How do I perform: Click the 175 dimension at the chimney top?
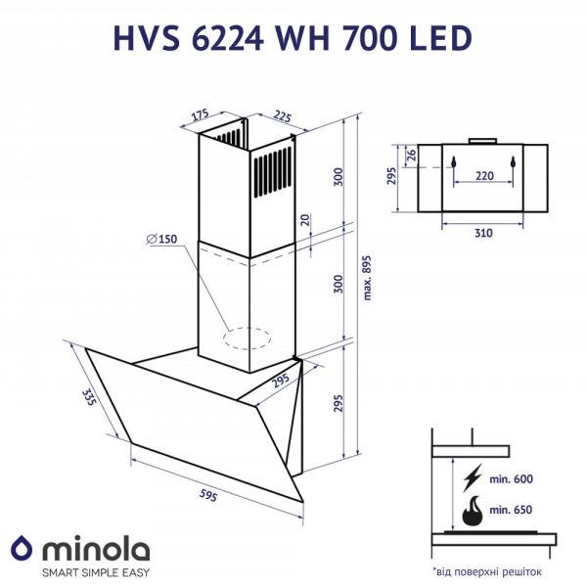click(200, 114)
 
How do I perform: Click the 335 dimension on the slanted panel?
click(90, 397)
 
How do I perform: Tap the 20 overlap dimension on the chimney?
click(306, 220)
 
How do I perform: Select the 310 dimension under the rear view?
click(482, 233)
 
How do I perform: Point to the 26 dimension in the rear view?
click(412, 154)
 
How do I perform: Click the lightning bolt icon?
click(474, 477)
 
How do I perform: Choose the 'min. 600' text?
click(511, 478)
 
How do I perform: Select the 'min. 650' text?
click(511, 511)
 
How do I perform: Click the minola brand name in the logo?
click(94, 548)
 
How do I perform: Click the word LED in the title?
click(438, 37)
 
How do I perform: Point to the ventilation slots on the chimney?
click(273, 173)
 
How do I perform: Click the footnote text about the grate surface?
click(485, 569)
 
